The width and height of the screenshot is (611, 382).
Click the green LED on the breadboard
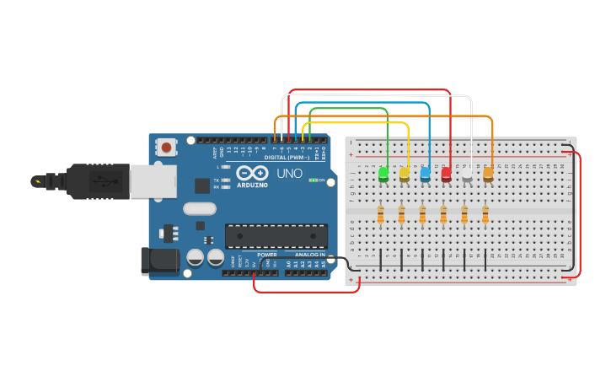point(383,174)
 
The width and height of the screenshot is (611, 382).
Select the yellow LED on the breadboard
point(405,174)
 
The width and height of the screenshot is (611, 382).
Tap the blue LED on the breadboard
point(426,174)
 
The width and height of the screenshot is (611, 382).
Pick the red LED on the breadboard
point(446,174)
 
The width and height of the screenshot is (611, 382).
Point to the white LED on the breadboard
point(467,174)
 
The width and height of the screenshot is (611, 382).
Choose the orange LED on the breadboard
point(488,174)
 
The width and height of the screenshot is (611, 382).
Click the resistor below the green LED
point(381,215)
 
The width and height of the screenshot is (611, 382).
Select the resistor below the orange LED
point(485,215)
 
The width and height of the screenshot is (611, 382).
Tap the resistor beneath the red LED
point(443,215)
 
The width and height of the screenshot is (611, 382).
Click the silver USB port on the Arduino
point(153,181)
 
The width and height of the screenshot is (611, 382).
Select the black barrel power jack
point(160,261)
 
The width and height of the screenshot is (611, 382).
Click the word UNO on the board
point(290,174)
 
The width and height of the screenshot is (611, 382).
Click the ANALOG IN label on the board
point(310,254)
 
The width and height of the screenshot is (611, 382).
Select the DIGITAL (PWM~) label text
point(286,157)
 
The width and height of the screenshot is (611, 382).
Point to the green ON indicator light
point(313,180)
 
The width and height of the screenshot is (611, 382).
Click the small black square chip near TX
point(202,186)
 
